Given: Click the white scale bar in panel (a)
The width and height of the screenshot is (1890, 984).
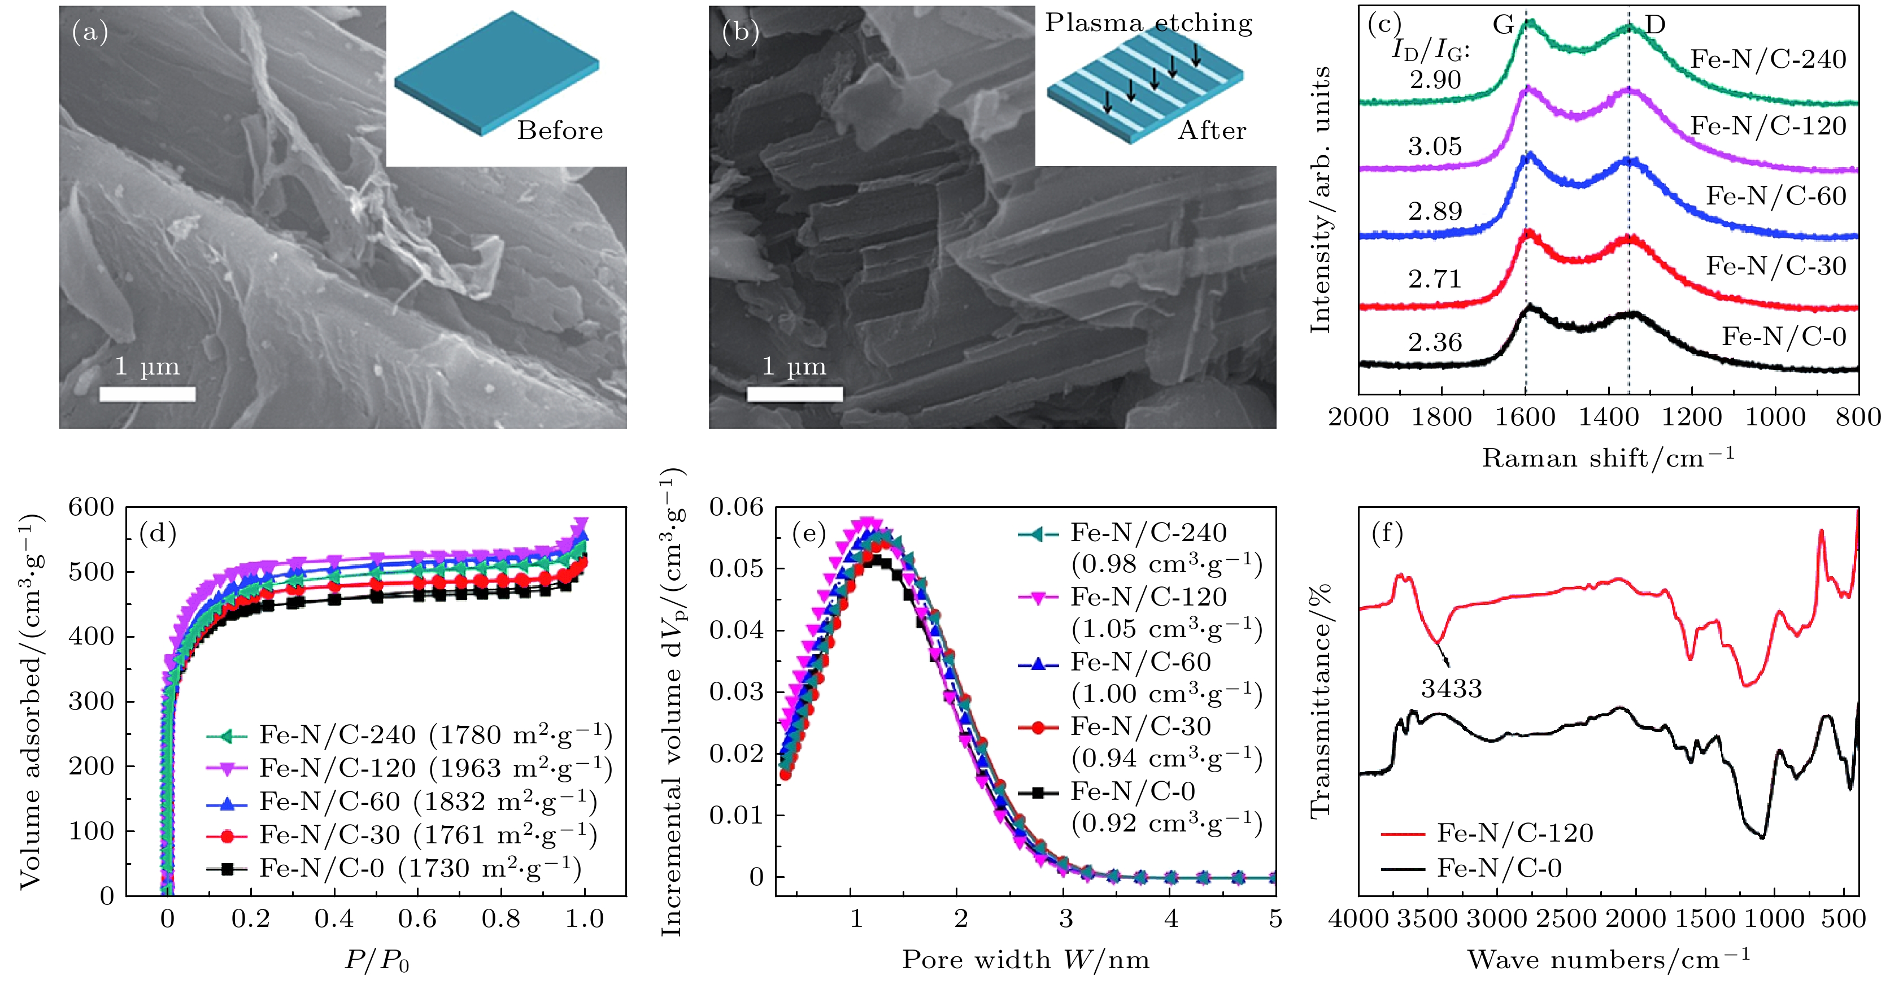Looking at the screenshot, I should (147, 394).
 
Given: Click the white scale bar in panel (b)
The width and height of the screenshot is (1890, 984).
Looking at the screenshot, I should (795, 394).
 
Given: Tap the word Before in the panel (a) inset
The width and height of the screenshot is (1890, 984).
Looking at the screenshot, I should (560, 130).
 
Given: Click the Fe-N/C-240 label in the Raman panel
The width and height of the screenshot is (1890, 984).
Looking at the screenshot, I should (1767, 59).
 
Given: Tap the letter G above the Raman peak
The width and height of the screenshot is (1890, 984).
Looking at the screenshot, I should (1503, 25).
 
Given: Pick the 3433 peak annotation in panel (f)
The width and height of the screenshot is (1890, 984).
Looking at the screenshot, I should (1451, 688).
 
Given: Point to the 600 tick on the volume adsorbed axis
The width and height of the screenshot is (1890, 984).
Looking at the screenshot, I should (91, 507).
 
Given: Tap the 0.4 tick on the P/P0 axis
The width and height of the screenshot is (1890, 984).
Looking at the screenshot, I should (334, 918).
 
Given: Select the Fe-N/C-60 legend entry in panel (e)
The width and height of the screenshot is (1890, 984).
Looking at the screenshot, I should (1140, 663).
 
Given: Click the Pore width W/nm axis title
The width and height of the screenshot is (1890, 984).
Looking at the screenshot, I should (1025, 960).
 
